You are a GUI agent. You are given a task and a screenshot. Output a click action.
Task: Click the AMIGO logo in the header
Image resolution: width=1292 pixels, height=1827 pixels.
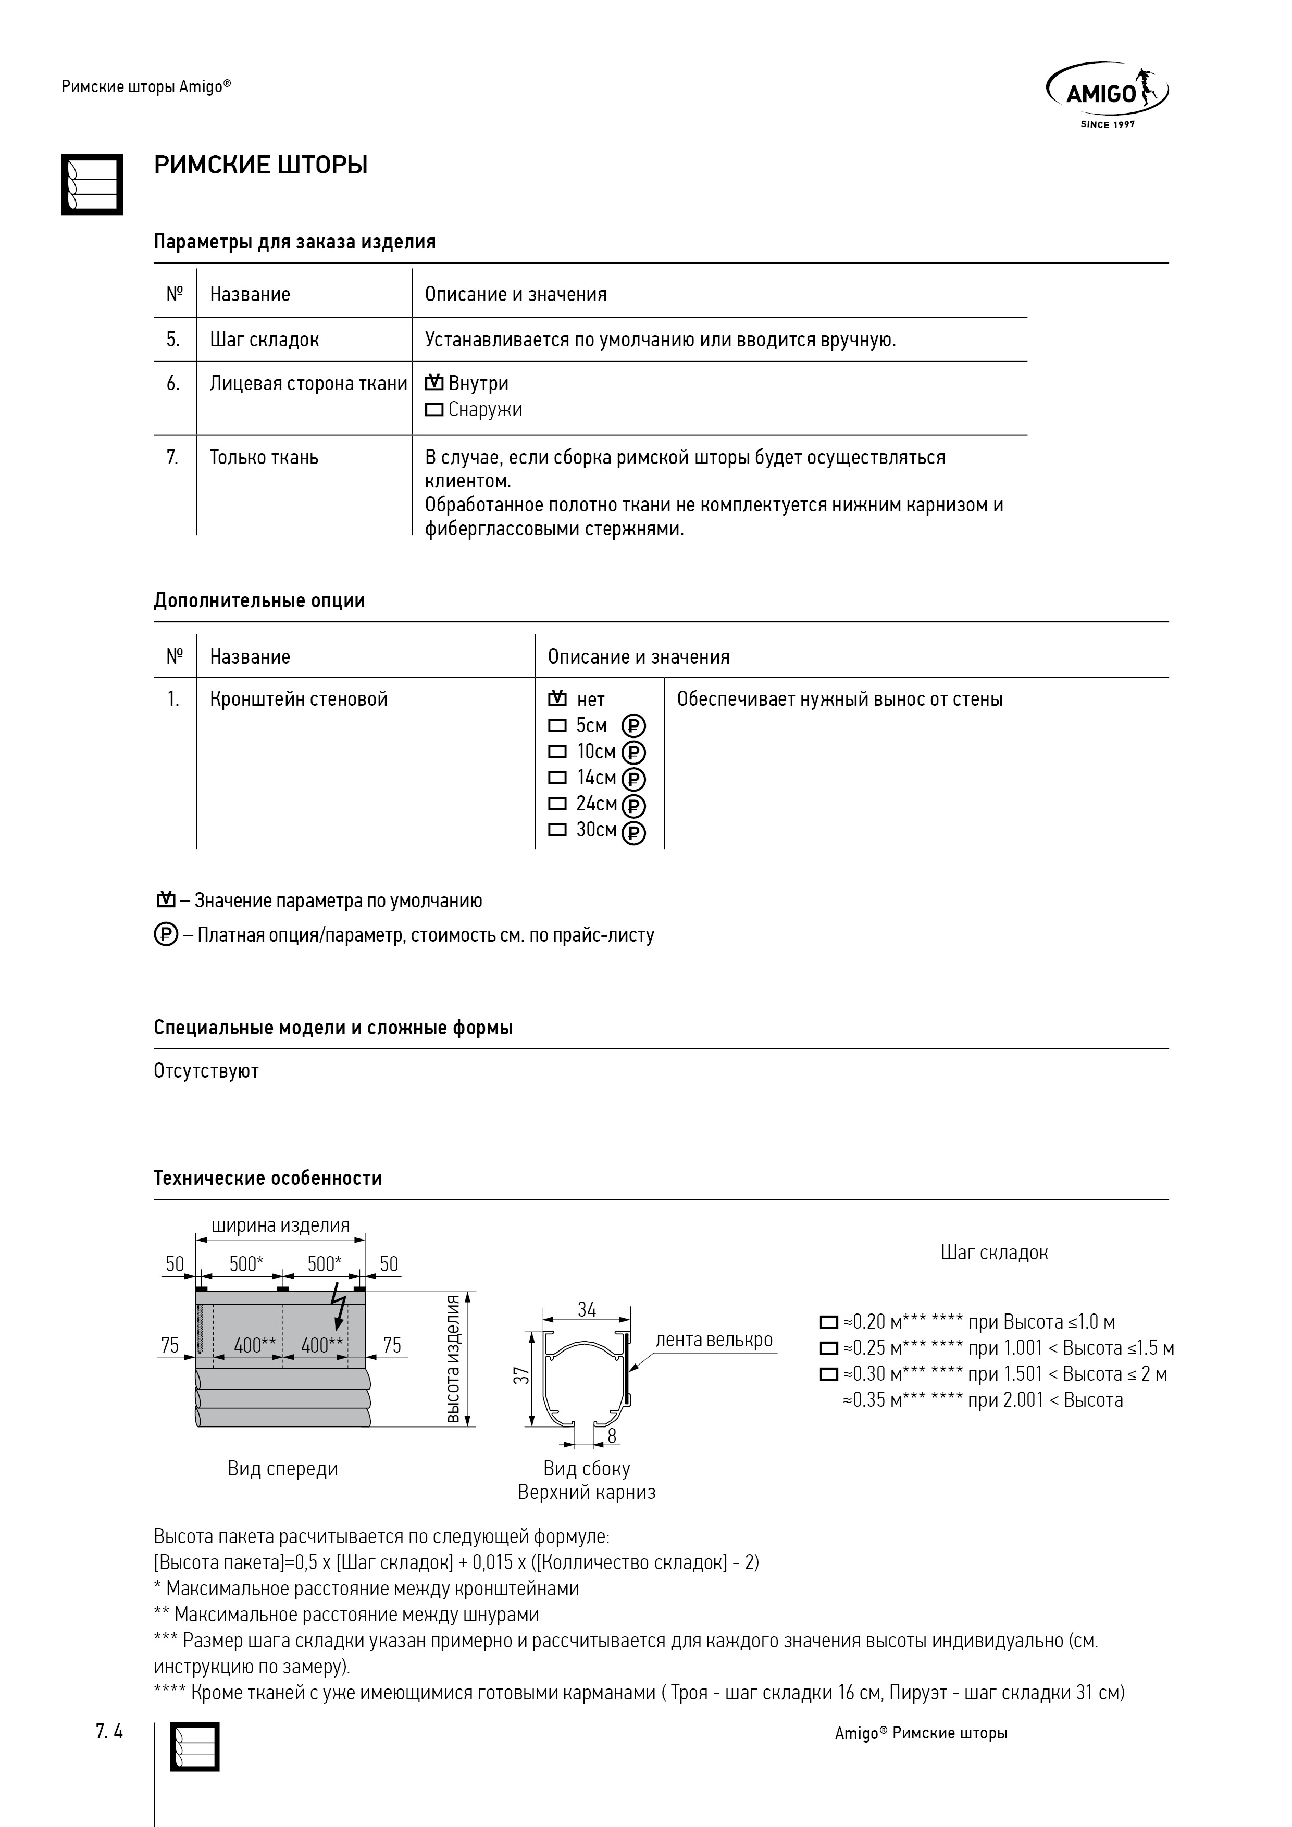point(1107,94)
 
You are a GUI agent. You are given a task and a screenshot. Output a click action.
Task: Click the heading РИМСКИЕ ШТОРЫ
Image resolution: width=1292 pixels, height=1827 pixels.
point(260,166)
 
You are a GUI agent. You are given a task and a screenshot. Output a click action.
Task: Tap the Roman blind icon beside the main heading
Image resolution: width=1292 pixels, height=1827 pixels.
point(92,184)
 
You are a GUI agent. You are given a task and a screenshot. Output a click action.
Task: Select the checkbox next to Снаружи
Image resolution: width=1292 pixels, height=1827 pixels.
point(434,410)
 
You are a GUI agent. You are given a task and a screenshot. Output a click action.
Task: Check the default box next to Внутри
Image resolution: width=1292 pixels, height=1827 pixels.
point(434,383)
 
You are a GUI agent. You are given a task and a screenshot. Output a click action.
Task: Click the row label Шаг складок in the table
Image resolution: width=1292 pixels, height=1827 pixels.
point(264,340)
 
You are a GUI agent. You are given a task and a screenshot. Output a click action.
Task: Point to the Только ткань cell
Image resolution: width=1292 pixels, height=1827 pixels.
point(264,458)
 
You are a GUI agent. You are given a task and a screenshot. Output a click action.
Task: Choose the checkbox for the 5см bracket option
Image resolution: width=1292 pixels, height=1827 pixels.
point(558,725)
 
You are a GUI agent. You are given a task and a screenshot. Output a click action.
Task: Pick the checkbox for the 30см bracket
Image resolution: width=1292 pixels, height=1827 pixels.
point(558,830)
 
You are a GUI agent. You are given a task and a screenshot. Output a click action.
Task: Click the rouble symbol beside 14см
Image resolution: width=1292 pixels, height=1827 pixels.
point(633,779)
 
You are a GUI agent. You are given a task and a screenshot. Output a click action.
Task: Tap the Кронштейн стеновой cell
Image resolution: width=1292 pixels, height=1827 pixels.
point(299,699)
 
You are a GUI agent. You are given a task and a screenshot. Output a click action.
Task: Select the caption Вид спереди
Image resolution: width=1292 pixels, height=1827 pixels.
point(282,1469)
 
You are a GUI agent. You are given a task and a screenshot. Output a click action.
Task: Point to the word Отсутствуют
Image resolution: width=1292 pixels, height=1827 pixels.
point(206,1071)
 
